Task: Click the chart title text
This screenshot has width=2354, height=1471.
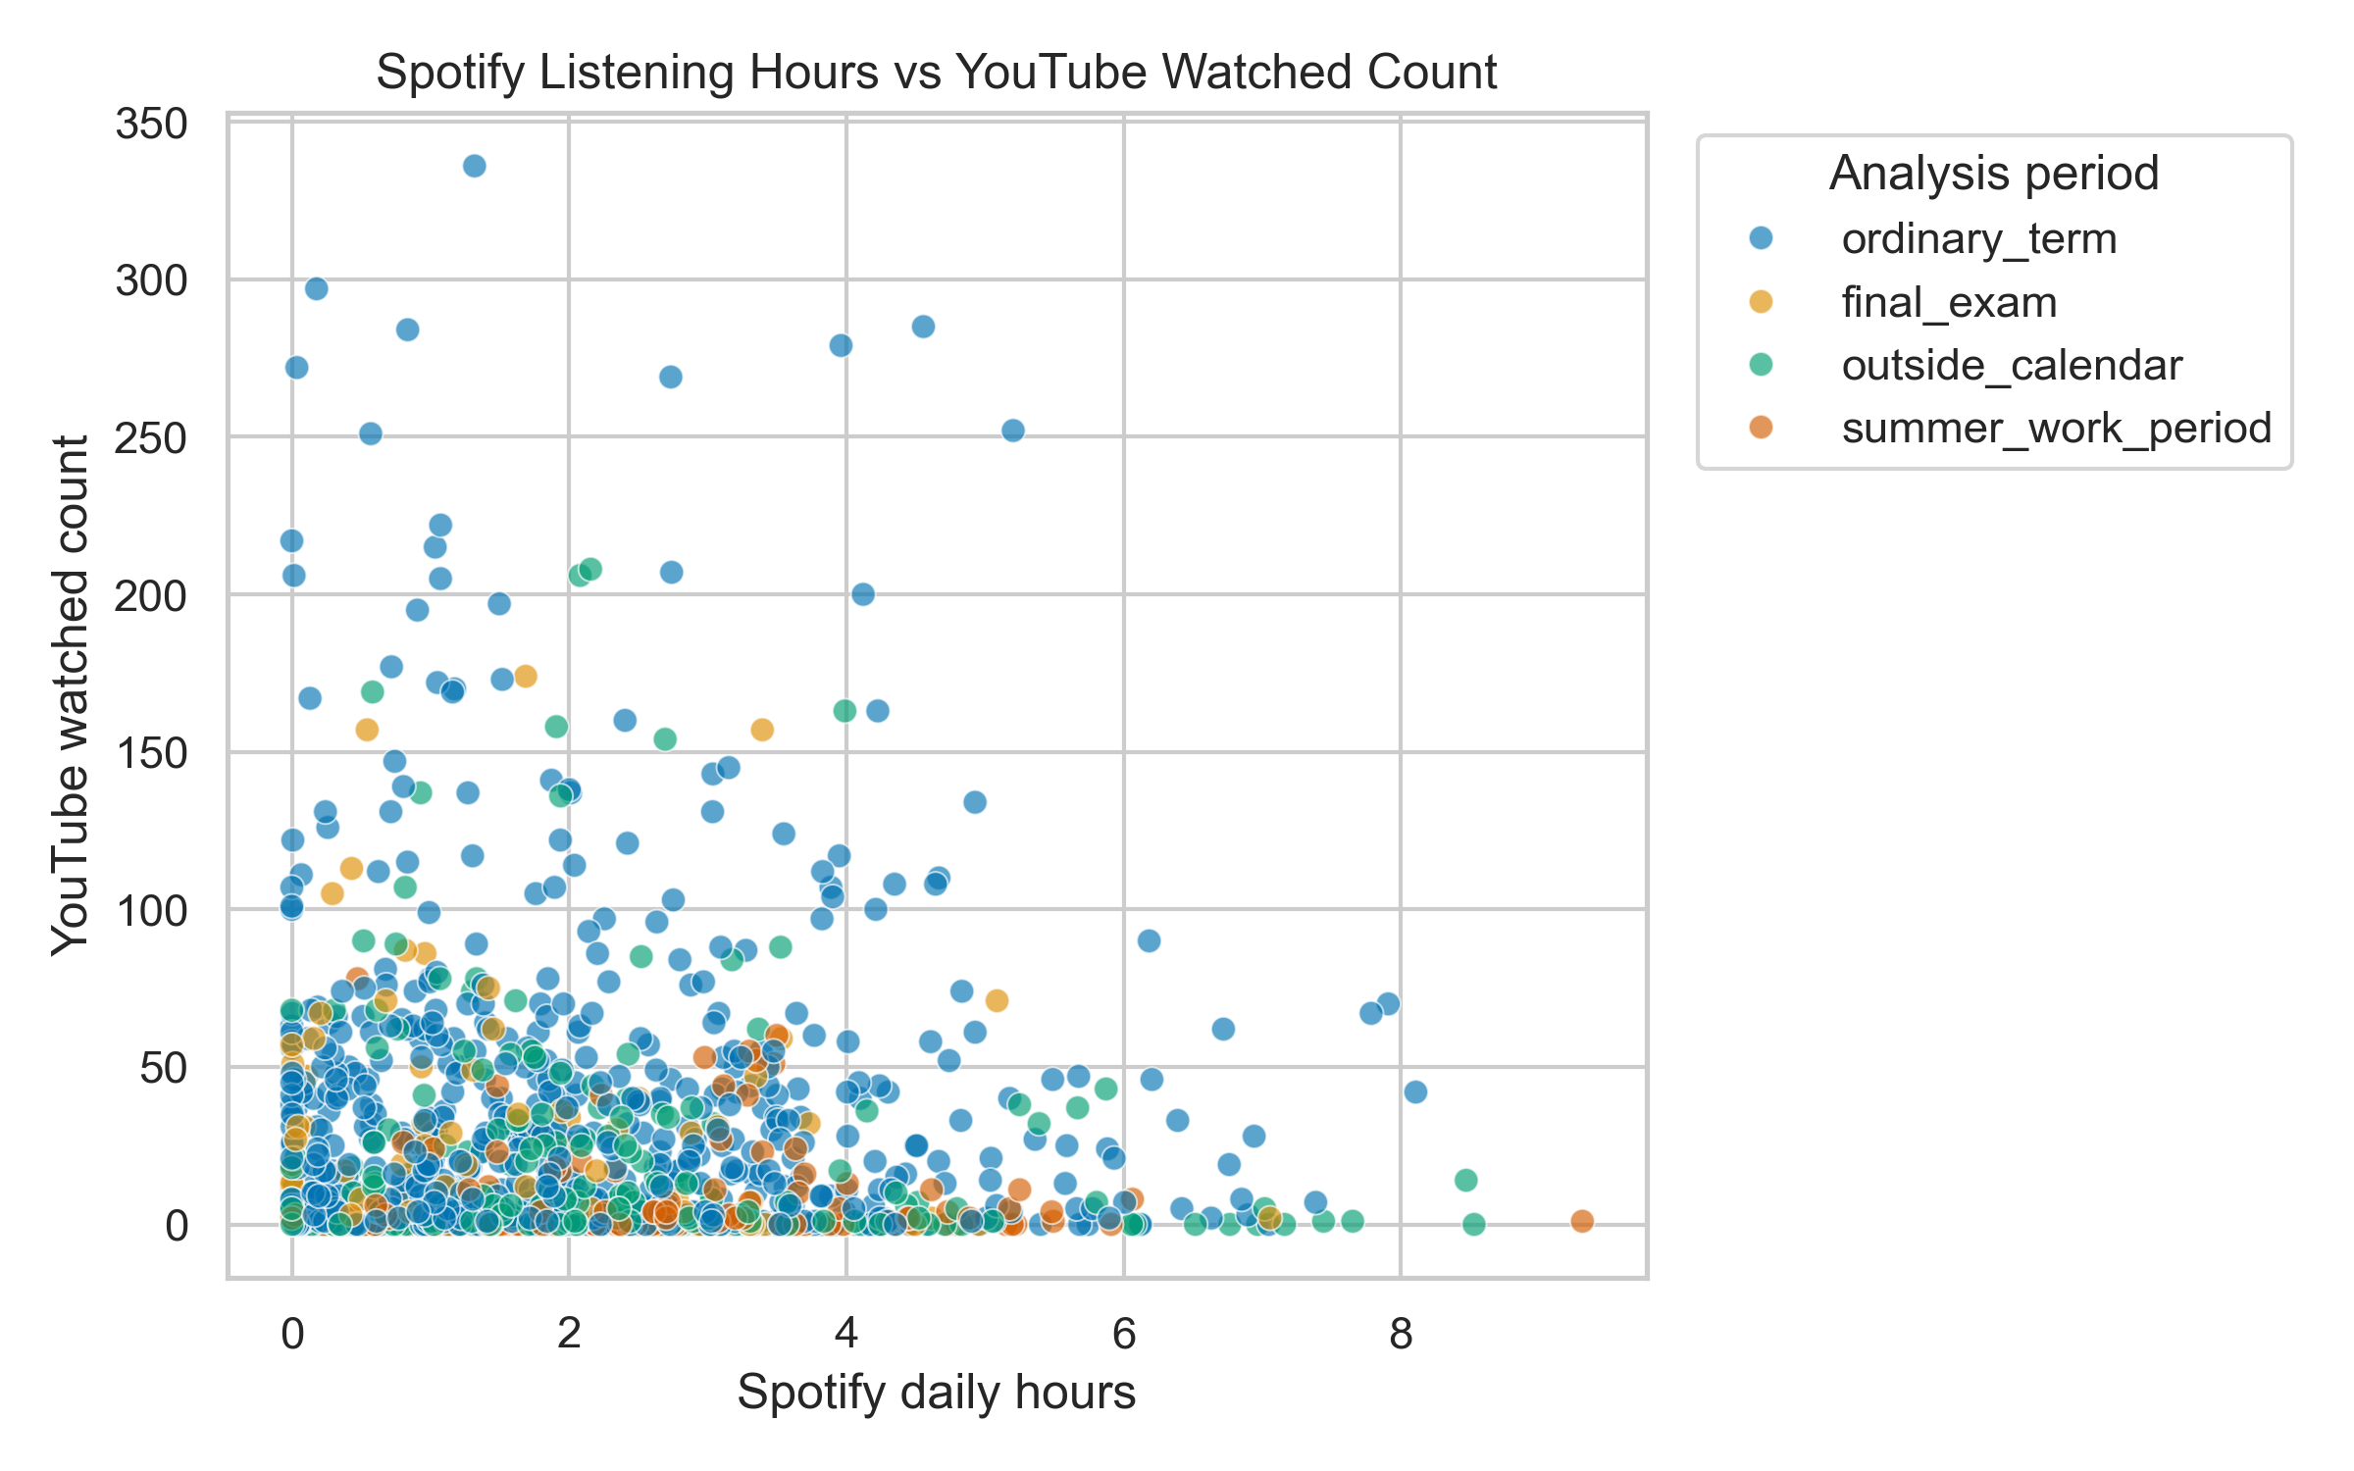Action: pyautogui.click(x=936, y=73)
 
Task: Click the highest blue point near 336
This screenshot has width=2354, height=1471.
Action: pyautogui.click(x=475, y=166)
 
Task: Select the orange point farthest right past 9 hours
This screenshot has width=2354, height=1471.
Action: pyautogui.click(x=1582, y=1221)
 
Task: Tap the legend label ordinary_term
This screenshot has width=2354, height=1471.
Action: pyautogui.click(x=1978, y=239)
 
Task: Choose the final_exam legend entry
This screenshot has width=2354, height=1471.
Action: pyautogui.click(x=1949, y=302)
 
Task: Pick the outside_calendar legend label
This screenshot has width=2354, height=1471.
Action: pyautogui.click(x=2012, y=366)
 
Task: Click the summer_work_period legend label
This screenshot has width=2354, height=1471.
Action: pyautogui.click(x=2056, y=429)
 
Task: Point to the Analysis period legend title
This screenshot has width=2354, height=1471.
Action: pyautogui.click(x=1994, y=174)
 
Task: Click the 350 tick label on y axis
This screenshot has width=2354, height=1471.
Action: pyautogui.click(x=151, y=125)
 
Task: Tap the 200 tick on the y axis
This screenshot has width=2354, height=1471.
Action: pyautogui.click(x=151, y=595)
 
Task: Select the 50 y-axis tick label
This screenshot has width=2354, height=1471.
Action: pyautogui.click(x=163, y=1068)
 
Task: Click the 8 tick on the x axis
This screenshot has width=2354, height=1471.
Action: pyautogui.click(x=1401, y=1334)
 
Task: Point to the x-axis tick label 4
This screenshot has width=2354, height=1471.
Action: pyautogui.click(x=845, y=1334)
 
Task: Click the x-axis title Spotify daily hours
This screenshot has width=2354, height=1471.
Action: pyautogui.click(x=936, y=1393)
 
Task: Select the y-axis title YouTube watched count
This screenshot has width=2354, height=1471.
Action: pyautogui.click(x=71, y=696)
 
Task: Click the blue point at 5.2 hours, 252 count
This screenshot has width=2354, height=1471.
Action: pyautogui.click(x=1013, y=431)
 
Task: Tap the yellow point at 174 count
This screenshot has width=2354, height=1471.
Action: pyautogui.click(x=526, y=676)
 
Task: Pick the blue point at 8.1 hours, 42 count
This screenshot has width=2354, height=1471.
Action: pyautogui.click(x=1415, y=1091)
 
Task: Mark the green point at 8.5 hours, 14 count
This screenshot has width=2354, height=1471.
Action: pyautogui.click(x=1466, y=1180)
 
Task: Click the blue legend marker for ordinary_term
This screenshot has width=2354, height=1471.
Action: pyautogui.click(x=1762, y=238)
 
